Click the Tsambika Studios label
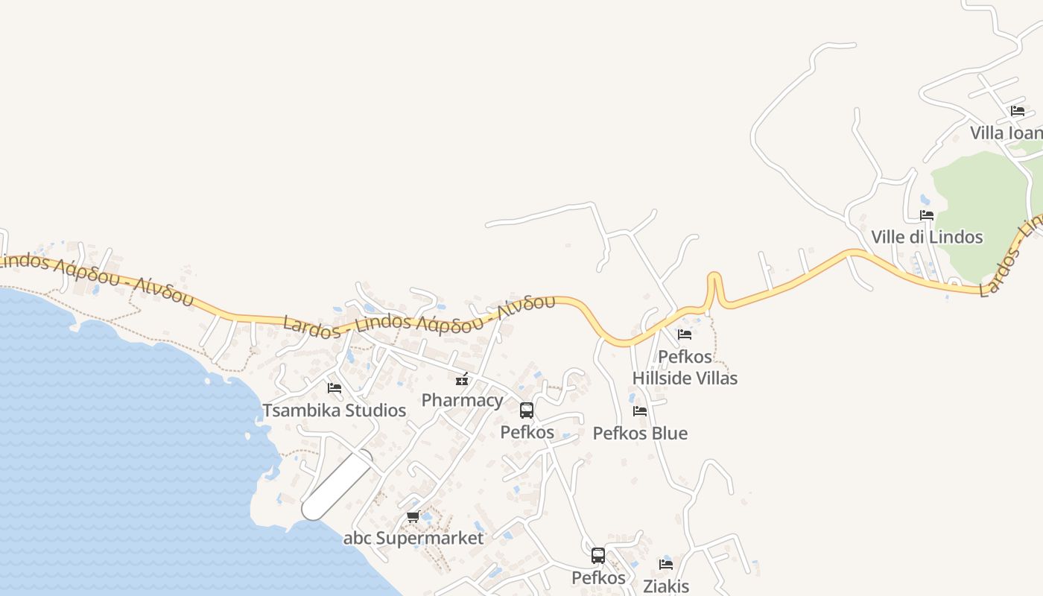[x=334, y=410]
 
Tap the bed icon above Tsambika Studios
[x=335, y=388]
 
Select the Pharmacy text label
[x=462, y=400]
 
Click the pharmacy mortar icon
[x=462, y=380]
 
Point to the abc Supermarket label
[x=413, y=538]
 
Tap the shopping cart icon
[x=413, y=516]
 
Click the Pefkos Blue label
[x=640, y=433]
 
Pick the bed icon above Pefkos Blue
[x=640, y=411]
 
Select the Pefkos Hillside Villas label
[x=685, y=367]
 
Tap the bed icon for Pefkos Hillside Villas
[x=685, y=335]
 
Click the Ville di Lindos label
[x=927, y=237]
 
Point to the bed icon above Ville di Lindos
[x=927, y=215]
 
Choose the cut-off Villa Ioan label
[x=1006, y=133]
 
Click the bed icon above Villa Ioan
[x=1018, y=111]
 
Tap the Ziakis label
[x=666, y=586]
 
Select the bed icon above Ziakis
[x=666, y=565]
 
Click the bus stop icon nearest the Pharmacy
[x=527, y=410]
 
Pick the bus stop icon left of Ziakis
[x=598, y=556]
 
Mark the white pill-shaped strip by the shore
[x=337, y=485]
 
